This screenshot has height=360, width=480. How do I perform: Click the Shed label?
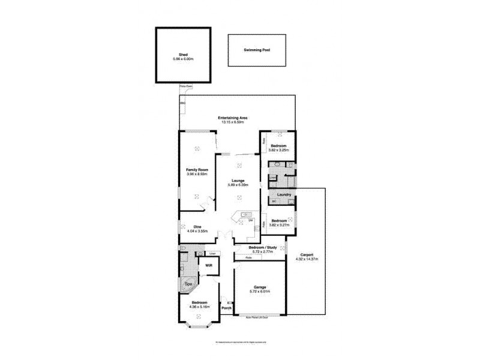click(x=184, y=54)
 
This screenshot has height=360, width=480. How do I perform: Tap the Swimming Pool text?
click(x=257, y=50)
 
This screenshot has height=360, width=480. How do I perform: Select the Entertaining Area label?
click(x=233, y=118)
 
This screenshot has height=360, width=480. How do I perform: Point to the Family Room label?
click(x=196, y=170)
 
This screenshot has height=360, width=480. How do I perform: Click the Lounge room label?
click(x=238, y=181)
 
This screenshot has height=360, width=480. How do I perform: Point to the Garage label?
click(x=260, y=287)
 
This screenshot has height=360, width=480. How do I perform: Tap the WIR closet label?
click(x=209, y=265)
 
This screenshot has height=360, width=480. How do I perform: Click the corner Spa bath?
click(x=187, y=283)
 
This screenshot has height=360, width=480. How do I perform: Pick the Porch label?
click(x=226, y=308)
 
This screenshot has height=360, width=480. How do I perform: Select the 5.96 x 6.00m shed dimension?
click(x=184, y=58)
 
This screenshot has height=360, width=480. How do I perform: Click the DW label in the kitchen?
click(x=251, y=221)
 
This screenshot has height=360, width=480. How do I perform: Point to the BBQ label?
click(x=182, y=103)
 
